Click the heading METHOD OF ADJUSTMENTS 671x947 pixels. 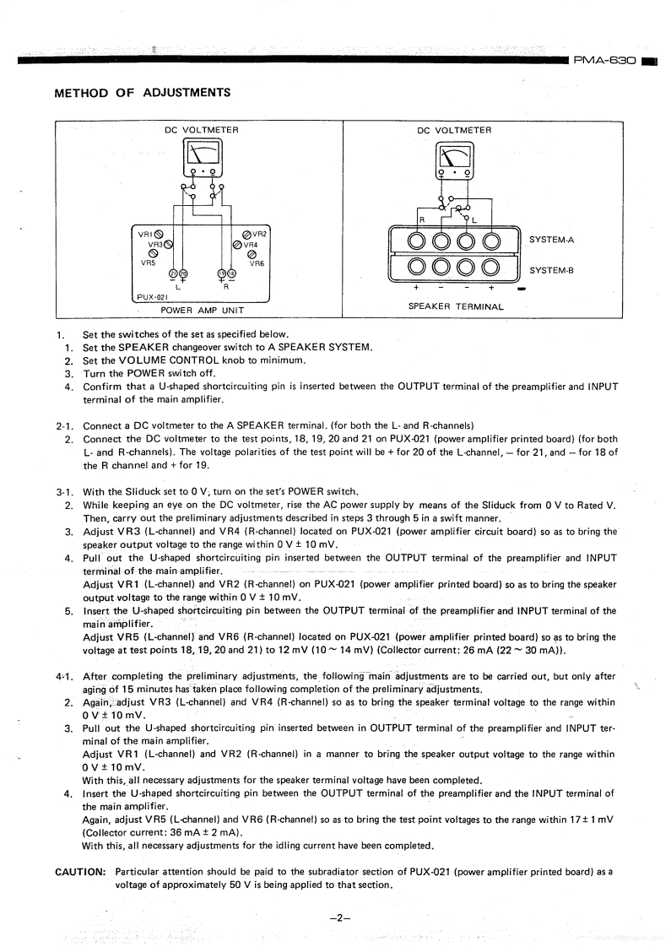point(143,92)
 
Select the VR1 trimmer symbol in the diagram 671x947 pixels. point(159,235)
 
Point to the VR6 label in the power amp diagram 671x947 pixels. point(257,263)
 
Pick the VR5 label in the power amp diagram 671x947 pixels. point(149,262)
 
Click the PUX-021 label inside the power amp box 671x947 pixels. point(153,297)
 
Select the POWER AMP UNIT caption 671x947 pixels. point(202,310)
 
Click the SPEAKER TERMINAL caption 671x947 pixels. point(456,306)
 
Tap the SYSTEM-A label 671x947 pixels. point(551,240)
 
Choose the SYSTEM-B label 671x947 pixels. point(551,270)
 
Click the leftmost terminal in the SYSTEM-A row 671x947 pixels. point(417,241)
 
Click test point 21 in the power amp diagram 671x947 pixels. point(174,273)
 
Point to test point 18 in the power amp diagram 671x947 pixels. point(231,273)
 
